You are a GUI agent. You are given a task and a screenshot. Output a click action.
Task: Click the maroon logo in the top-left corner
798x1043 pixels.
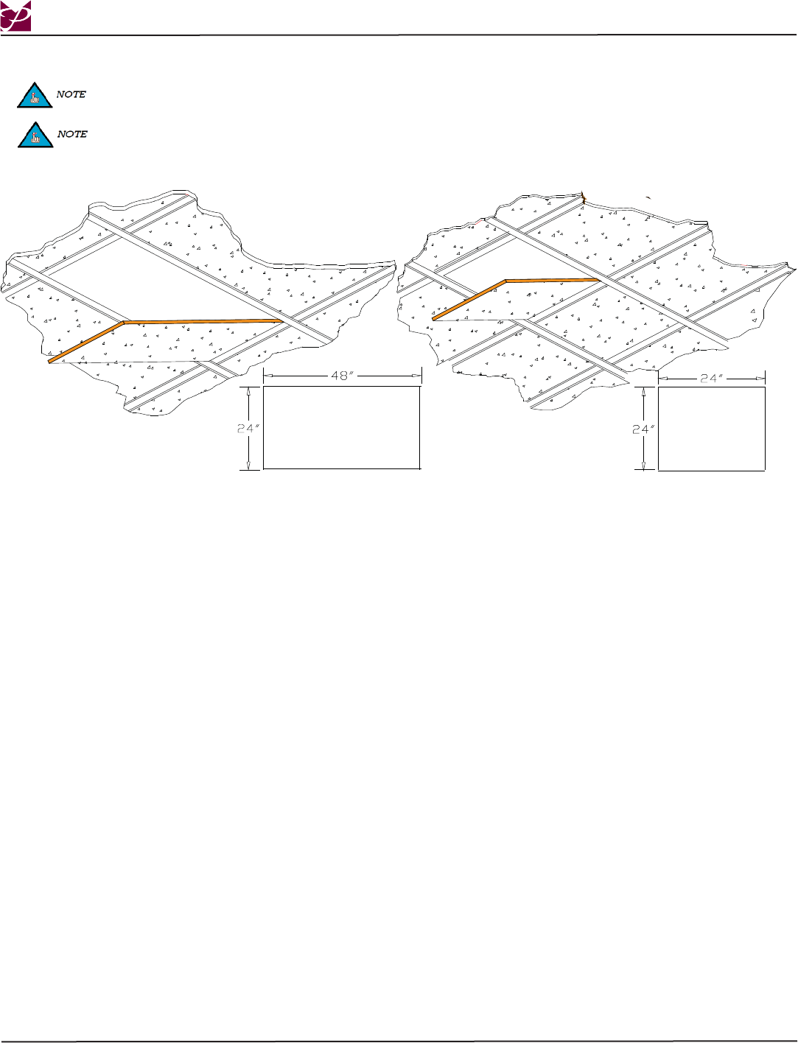(x=16, y=16)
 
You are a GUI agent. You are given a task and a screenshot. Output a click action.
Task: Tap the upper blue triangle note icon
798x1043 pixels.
(x=34, y=96)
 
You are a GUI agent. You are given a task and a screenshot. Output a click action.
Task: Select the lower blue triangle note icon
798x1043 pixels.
(x=34, y=136)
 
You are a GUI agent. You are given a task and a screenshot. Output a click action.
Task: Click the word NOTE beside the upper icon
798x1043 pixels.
(x=71, y=95)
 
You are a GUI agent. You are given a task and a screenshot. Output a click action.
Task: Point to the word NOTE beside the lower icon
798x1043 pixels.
(x=72, y=134)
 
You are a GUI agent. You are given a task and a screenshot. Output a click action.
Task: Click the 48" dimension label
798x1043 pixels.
(x=343, y=376)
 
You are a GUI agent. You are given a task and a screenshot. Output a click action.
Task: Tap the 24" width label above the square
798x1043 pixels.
(x=710, y=377)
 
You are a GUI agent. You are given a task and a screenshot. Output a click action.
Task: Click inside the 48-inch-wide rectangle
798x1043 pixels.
(x=341, y=427)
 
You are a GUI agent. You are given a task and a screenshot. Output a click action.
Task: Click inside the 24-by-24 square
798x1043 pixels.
(x=711, y=428)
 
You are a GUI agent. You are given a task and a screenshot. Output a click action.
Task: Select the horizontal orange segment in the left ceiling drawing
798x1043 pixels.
(x=203, y=321)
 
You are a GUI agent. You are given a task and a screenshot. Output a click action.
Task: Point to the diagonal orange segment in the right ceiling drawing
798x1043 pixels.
(x=469, y=300)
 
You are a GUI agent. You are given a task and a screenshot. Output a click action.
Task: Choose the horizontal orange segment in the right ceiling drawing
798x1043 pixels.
(x=551, y=280)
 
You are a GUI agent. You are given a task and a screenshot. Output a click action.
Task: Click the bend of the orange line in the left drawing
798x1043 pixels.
(x=124, y=323)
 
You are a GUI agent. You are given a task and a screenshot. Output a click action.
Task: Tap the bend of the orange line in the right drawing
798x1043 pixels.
(x=505, y=281)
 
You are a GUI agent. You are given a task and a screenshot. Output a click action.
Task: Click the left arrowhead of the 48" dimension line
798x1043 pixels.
(x=267, y=376)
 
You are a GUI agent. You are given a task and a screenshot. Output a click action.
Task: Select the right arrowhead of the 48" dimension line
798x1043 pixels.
(x=418, y=376)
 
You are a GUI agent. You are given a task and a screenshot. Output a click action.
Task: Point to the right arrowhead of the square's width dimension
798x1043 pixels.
(x=762, y=377)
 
